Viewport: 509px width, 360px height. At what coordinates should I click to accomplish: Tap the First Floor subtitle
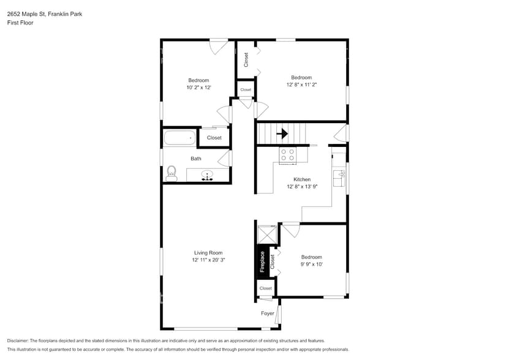pos(21,23)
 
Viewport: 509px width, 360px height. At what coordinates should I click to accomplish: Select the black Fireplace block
pos(262,261)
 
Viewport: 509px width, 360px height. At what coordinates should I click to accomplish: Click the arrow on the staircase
pos(282,132)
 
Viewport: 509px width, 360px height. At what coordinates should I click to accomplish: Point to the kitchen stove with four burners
pos(287,156)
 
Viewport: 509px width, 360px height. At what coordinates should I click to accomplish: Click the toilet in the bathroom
pos(172,173)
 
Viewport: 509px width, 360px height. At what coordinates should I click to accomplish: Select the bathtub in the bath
pos(179,138)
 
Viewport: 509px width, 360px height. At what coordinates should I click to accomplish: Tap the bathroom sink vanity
pos(208,176)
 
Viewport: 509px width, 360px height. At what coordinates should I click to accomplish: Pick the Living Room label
pos(208,252)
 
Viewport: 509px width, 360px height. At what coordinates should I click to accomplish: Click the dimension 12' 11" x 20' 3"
pos(208,260)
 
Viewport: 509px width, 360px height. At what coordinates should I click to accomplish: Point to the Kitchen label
pos(302,179)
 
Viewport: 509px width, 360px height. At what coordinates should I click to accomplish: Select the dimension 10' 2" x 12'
pos(198,88)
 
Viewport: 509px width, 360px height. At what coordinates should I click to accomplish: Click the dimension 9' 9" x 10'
pos(311,264)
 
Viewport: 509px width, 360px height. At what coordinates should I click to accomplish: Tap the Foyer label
pos(268,313)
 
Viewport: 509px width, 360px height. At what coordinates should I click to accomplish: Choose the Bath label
pos(195,159)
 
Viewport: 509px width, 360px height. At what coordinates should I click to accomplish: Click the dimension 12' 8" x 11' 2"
pos(301,85)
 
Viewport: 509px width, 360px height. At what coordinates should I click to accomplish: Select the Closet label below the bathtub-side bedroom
pos(214,138)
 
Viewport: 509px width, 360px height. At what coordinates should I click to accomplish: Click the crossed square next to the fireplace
pos(267,234)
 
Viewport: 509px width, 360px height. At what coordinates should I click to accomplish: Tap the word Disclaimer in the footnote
pos(21,340)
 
